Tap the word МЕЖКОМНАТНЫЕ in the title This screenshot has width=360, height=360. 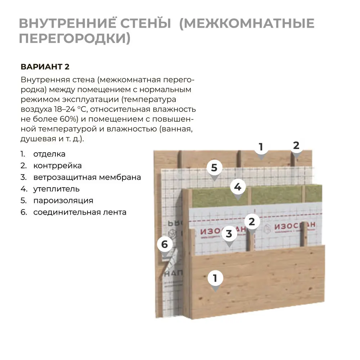pyautogui.click(x=247, y=23)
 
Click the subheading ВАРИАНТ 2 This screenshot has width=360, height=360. pyautogui.click(x=45, y=67)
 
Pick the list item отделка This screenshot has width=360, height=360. pyautogui.click(x=49, y=154)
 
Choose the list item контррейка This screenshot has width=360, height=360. pyautogui.click(x=57, y=166)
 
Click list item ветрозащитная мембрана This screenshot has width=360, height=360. pyautogui.click(x=87, y=177)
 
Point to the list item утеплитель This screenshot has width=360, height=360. pyautogui.click(x=56, y=189)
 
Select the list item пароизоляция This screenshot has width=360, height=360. pyautogui.click(x=63, y=201)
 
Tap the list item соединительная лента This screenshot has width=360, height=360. pyautogui.click(x=80, y=212)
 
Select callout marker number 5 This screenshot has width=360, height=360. pyautogui.click(x=214, y=168)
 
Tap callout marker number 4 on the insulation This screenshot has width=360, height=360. pyautogui.click(x=238, y=187)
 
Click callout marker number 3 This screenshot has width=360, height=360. pyautogui.click(x=229, y=234)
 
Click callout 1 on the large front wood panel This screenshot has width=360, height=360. pyautogui.click(x=215, y=278)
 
